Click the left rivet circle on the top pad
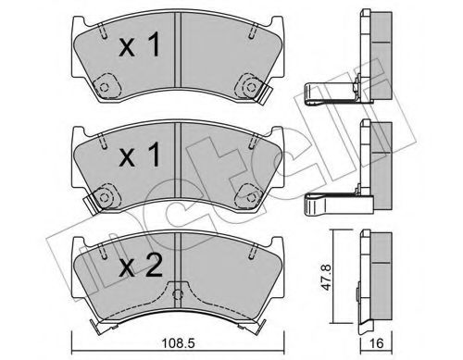(x=104, y=89)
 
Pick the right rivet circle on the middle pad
(x=248, y=194)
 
